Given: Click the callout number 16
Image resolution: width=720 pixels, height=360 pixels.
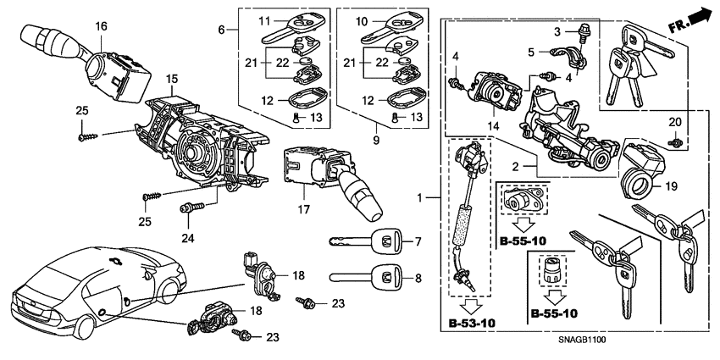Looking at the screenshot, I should tap(101, 27).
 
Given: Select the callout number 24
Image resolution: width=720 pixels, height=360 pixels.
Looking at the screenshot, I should tap(188, 238).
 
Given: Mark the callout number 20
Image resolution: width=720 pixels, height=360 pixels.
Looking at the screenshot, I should tap(675, 123).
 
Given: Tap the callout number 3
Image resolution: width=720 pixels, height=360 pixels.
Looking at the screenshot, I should tap(558, 31).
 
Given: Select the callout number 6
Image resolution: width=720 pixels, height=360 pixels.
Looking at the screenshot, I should tap(222, 30).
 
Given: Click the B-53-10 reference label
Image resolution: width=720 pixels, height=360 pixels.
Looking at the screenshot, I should tap(472, 323).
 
